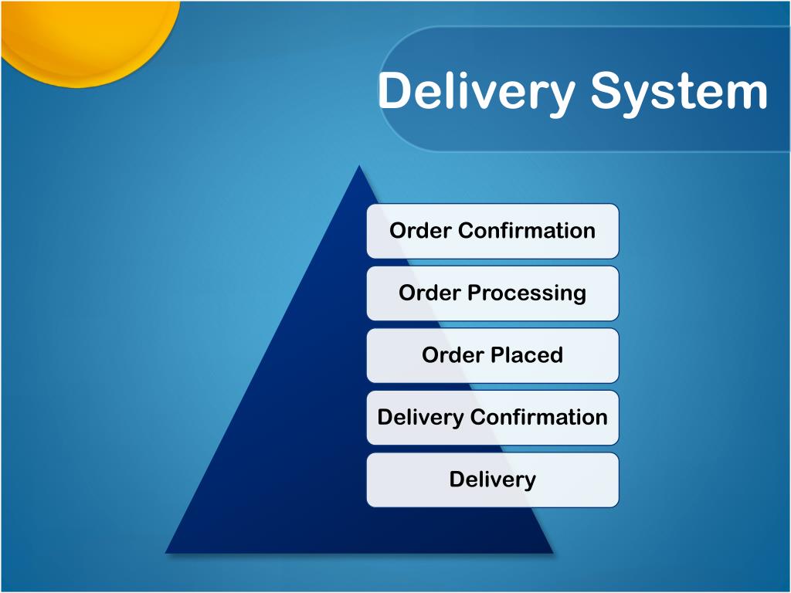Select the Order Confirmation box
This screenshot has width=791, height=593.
pyautogui.click(x=492, y=231)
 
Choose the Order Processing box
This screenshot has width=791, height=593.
pyautogui.click(x=492, y=293)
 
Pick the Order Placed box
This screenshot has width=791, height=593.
pyautogui.click(x=492, y=355)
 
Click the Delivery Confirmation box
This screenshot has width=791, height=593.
pyautogui.click(x=492, y=418)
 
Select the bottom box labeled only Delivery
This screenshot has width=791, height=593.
pyautogui.click(x=492, y=479)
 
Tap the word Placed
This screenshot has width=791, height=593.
pyautogui.click(x=528, y=355)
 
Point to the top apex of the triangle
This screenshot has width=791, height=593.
pyautogui.click(x=358, y=167)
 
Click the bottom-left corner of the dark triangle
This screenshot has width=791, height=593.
pyautogui.click(x=167, y=551)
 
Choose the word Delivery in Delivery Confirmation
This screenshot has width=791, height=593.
pyautogui.click(x=421, y=418)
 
